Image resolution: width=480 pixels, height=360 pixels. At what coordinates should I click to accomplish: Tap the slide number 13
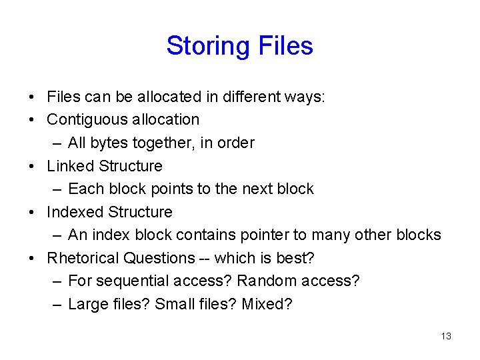(446, 336)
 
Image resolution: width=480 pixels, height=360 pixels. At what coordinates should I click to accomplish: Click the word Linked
(71, 166)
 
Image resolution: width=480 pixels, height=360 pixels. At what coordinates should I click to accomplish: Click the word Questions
(163, 258)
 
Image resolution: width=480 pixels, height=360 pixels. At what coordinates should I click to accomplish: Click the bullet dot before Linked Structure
(33, 166)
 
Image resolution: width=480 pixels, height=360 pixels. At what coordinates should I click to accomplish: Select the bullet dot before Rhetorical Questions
(33, 258)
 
